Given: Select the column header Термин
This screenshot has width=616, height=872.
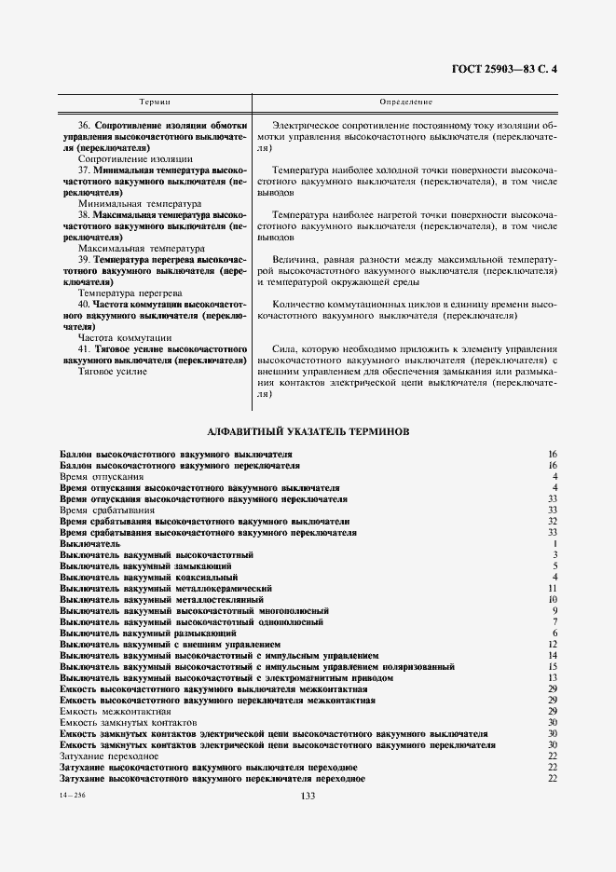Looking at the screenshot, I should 155,100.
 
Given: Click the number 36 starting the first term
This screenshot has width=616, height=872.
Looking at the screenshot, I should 85,126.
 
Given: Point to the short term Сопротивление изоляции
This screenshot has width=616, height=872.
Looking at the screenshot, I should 136,159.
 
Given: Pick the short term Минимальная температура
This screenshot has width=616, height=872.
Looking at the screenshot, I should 140,203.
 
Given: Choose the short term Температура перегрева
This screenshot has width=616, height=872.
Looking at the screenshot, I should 135,293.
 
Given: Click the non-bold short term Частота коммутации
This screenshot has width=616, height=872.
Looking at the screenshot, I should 125,337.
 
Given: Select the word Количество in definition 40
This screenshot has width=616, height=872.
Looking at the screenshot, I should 299,304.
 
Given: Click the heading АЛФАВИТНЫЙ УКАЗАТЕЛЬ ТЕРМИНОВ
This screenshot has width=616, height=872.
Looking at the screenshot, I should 308,431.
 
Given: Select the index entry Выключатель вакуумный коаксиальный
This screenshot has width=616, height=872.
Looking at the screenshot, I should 150,577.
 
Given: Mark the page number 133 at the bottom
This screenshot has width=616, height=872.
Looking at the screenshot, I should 308,795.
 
